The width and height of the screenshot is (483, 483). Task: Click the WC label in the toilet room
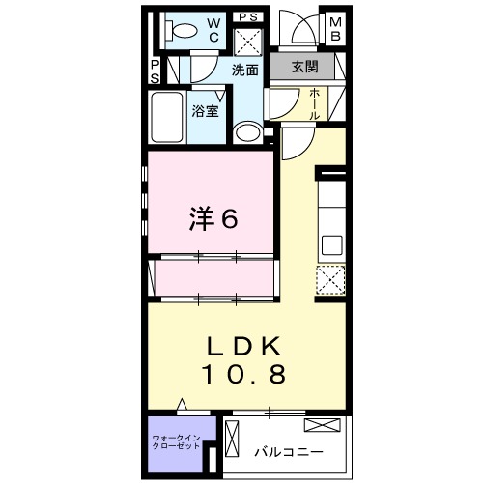[213, 29]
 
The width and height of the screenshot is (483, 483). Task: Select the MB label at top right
[334, 29]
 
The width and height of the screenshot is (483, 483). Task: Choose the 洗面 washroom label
[245, 70]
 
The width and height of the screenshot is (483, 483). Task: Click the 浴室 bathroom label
[205, 110]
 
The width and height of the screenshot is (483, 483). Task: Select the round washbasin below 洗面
[247, 132]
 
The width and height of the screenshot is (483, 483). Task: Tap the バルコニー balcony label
[289, 450]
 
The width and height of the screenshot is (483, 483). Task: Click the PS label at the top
[247, 16]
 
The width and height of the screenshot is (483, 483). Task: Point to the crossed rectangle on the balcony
[322, 425]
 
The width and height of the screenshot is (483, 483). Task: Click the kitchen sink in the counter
[330, 244]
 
